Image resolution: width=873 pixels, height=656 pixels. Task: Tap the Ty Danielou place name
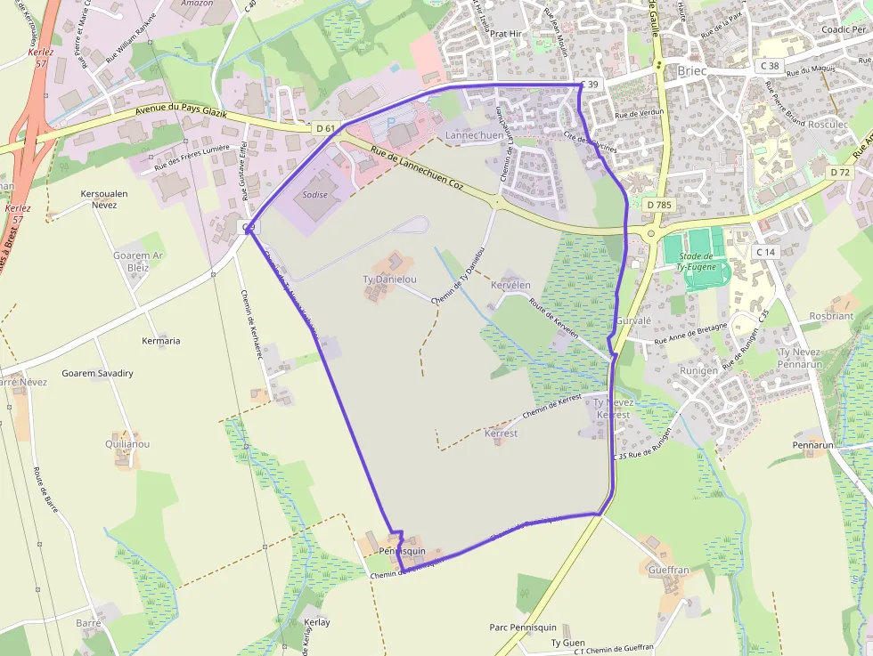(389, 279)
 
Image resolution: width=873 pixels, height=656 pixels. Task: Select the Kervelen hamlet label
(510, 285)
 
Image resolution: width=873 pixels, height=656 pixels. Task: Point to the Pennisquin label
(402, 552)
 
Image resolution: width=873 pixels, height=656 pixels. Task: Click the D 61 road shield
(325, 128)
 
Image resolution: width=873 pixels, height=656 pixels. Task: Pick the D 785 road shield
(658, 205)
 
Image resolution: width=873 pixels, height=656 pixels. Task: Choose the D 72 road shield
(839, 172)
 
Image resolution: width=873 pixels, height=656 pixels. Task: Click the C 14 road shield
(765, 252)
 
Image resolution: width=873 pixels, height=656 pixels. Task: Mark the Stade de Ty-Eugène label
(702, 261)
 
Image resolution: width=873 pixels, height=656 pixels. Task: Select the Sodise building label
(315, 195)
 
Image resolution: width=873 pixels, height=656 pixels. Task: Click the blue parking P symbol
(390, 122)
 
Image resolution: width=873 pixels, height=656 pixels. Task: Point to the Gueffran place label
(669, 570)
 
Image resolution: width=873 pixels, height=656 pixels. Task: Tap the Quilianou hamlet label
(127, 443)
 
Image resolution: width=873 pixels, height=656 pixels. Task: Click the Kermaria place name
(161, 341)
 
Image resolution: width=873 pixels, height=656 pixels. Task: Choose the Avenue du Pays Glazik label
(182, 113)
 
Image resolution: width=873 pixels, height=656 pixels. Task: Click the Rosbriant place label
(831, 316)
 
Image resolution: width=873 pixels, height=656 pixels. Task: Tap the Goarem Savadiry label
(98, 373)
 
